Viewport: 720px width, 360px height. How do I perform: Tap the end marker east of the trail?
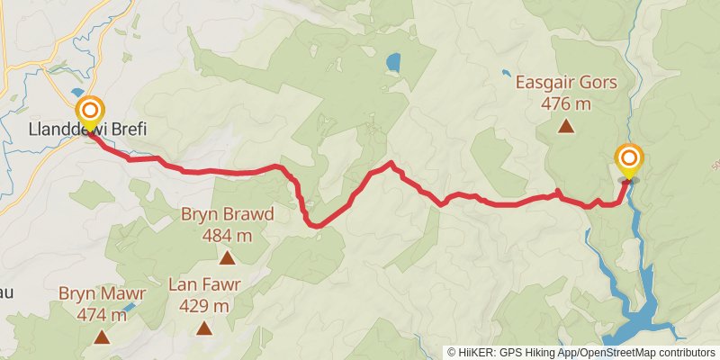628,160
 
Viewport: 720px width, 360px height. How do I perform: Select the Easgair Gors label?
566,83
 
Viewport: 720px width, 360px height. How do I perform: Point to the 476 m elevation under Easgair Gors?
566,103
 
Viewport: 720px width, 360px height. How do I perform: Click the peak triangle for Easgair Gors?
566,127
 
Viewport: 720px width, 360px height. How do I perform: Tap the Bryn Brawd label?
227,215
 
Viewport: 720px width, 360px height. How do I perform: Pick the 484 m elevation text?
227,236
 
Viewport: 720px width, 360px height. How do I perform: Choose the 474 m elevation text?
102,314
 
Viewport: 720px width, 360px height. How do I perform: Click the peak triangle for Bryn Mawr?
102,337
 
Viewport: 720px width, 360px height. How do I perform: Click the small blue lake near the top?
392,63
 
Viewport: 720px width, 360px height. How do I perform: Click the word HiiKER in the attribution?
478,353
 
